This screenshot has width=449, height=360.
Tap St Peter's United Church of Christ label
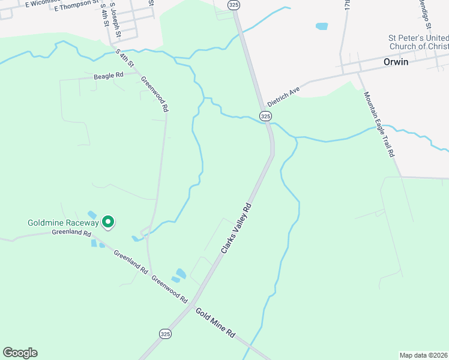417,42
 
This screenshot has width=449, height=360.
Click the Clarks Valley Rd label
236,227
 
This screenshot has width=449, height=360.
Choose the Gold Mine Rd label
215,322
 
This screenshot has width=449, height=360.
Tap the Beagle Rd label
108,76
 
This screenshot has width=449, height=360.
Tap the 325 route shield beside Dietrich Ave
266,115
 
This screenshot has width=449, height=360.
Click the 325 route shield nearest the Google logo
165,333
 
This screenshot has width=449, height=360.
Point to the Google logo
20,353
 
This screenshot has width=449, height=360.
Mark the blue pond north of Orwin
322,26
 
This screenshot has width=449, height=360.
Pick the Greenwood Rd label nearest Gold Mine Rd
170,289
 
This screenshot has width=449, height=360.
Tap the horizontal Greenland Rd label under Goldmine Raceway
71,232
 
